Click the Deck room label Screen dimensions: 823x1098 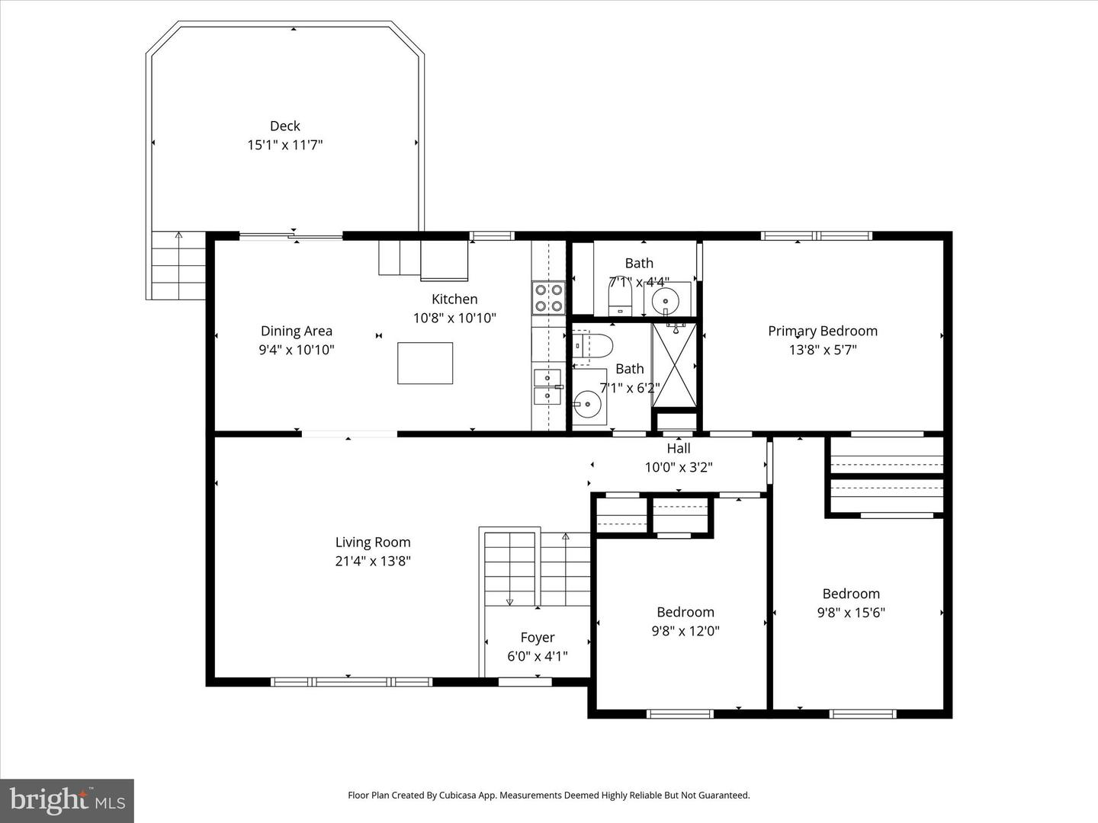click(284, 126)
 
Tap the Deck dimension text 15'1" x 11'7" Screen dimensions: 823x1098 click(284, 145)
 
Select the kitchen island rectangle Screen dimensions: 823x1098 click(425, 363)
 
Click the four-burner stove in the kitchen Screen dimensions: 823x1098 click(548, 297)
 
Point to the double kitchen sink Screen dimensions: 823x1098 click(547, 386)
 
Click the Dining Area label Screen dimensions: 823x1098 click(296, 331)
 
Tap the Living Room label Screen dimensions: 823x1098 click(373, 542)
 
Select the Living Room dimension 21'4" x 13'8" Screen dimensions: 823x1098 click(373, 562)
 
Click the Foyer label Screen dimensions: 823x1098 click(537, 637)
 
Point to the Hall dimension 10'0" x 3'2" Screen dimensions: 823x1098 click(678, 467)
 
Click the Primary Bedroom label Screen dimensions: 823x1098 click(822, 331)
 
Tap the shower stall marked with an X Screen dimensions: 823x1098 click(674, 365)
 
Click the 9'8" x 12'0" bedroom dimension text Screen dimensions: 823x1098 click(685, 631)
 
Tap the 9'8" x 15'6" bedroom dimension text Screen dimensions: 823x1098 click(850, 613)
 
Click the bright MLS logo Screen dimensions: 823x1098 click(67, 800)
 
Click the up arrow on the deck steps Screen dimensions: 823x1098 click(178, 235)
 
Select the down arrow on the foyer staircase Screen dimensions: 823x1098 click(509, 601)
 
